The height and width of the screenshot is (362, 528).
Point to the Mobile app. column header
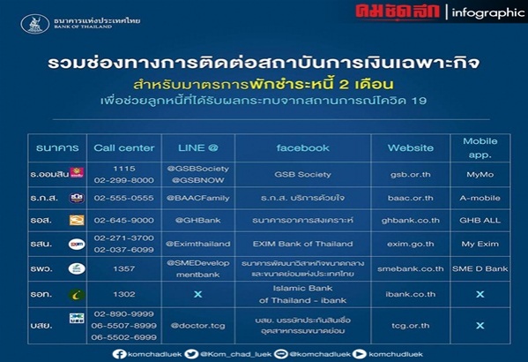pyautogui.click(x=480, y=147)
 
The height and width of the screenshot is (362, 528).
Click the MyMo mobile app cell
pyautogui.click(x=480, y=174)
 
